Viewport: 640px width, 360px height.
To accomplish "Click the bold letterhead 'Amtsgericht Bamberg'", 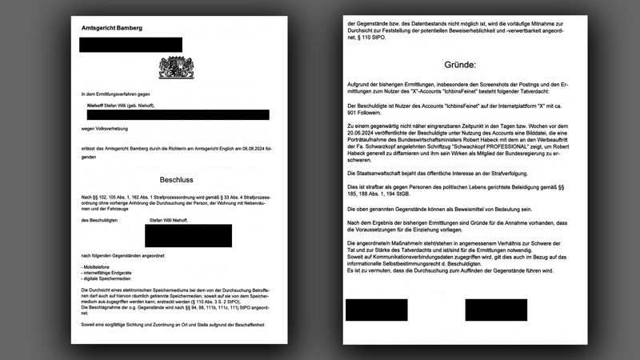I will (x=112, y=28).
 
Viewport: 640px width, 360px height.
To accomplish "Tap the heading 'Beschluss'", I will (x=175, y=180).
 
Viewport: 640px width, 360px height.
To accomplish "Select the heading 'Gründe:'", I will (x=460, y=65).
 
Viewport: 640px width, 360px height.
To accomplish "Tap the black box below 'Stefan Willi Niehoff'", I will (x=188, y=235).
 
